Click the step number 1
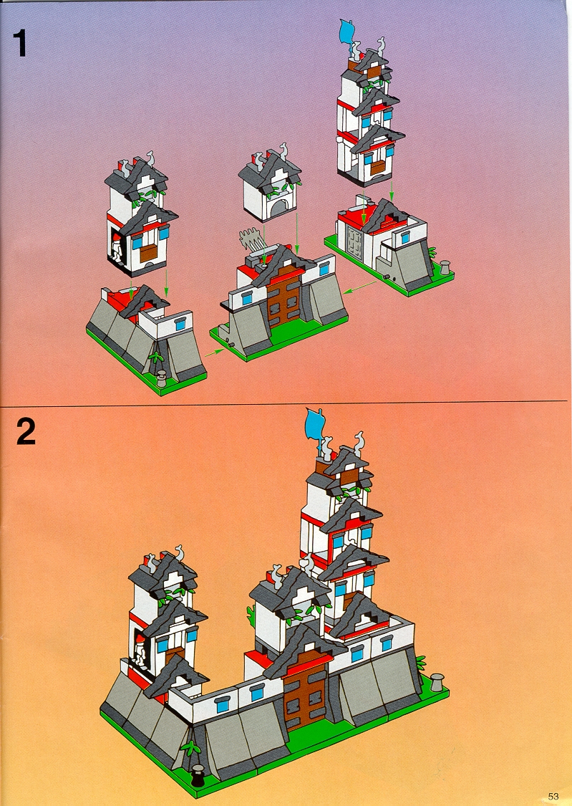20,43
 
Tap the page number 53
553,796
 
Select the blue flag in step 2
314,425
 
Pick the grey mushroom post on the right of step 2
437,682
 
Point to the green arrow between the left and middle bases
215,352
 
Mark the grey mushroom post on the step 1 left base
161,378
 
